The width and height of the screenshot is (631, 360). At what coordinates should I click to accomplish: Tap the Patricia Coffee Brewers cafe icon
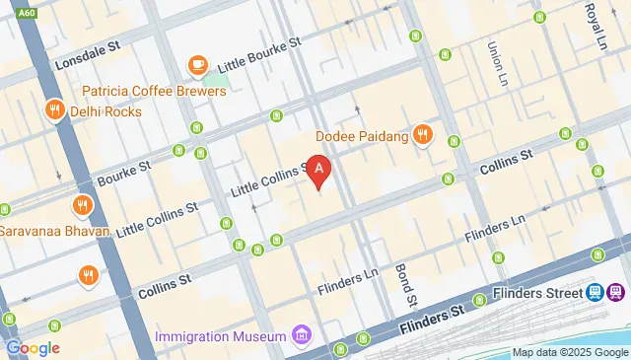(197, 66)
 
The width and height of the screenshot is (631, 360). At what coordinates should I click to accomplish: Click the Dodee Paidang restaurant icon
(423, 135)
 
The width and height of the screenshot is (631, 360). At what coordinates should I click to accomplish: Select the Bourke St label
(123, 174)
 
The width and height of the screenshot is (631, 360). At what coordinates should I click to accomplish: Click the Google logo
(33, 347)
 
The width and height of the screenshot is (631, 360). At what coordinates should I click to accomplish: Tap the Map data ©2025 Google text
(569, 352)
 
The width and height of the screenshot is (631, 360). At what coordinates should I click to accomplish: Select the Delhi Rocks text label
(105, 111)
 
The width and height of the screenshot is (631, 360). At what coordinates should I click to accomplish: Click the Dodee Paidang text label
(362, 135)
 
